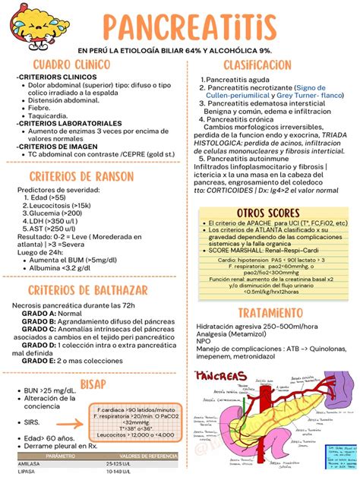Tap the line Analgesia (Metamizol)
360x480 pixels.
pos(235,335)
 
